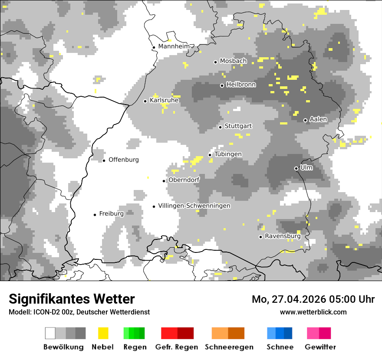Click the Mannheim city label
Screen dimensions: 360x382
tap(174, 46)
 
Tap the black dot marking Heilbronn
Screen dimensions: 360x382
tap(222, 85)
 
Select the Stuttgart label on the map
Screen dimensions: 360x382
tap(238, 126)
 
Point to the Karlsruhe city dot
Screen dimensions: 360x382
tap(145, 101)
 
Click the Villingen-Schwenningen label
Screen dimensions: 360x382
tap(194, 206)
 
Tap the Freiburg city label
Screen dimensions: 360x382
tap(111, 214)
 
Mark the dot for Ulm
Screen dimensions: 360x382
tap(296, 168)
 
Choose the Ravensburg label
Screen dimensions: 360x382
tap(283, 236)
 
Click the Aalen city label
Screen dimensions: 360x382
tap(318, 120)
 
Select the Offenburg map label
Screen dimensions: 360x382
tap(124, 160)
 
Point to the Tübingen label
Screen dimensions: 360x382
tap(228, 154)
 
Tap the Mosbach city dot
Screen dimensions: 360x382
tap(215, 62)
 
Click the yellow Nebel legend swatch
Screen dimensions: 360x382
tap(103, 333)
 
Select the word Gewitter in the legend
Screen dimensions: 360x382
tap(320, 347)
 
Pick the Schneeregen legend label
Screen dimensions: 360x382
tap(229, 347)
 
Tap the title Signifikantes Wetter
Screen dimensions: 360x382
tap(72, 299)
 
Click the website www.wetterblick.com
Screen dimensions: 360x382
tap(313, 312)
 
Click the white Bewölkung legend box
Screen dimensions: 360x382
tap(50, 333)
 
